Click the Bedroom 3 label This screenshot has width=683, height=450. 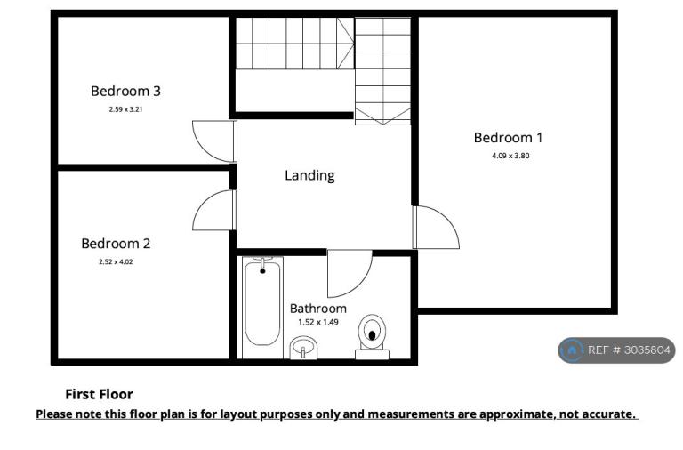(x=125, y=91)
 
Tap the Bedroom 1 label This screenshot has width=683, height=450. (x=509, y=138)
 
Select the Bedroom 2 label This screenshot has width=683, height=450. (x=116, y=244)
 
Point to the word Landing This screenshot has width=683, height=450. (x=309, y=175)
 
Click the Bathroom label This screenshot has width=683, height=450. (x=318, y=309)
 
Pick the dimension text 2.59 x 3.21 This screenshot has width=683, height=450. (x=126, y=109)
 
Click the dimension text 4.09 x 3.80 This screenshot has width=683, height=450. (x=510, y=156)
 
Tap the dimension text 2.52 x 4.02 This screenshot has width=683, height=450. (x=116, y=261)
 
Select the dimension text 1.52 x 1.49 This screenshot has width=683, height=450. (x=318, y=322)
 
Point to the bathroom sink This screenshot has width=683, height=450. (x=303, y=348)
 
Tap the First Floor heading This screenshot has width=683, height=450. (x=99, y=394)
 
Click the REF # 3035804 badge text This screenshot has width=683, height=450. (x=629, y=350)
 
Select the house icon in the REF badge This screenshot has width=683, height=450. (x=572, y=350)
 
